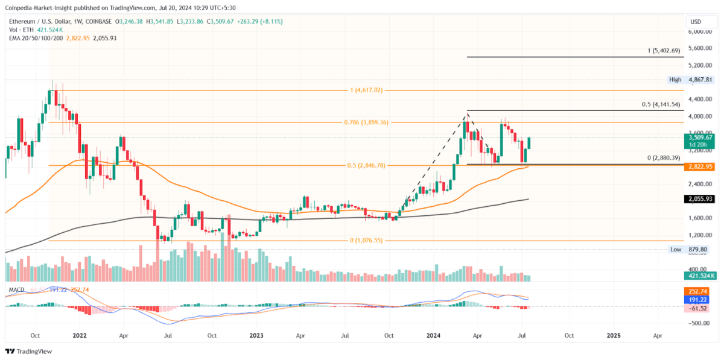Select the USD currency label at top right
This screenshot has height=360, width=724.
point(694,22)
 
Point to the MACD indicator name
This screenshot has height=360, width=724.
point(16,290)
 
